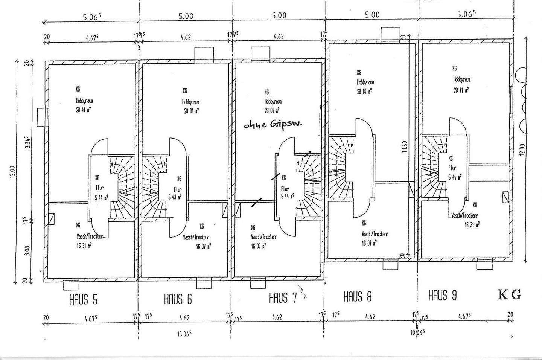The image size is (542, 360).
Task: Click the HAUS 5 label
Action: (83, 300)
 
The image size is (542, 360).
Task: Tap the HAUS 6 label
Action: (178, 299)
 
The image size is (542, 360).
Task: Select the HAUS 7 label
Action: (283, 299)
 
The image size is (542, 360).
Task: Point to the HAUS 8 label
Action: (358, 297)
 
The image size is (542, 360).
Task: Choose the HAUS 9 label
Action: (443, 295)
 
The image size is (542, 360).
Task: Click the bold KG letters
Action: (510, 295)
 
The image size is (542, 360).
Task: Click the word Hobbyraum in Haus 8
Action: (365, 82)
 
